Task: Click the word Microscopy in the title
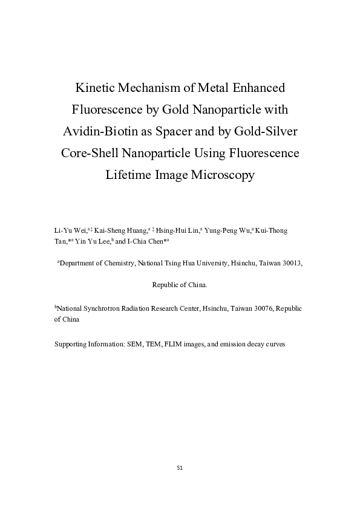coord(224,175)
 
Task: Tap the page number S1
coord(180,468)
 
